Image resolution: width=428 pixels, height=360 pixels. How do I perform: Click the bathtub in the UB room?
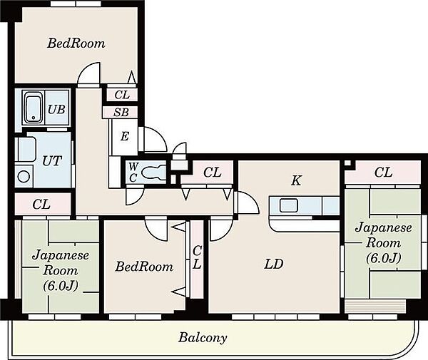coord(34,108)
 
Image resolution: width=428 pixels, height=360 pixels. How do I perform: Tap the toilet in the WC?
coord(153,173)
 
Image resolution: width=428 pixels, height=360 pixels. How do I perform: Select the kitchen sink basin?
coord(288,205)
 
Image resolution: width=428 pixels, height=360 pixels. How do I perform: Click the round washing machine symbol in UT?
coord(24,177)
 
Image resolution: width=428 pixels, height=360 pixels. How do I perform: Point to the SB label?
coord(121,112)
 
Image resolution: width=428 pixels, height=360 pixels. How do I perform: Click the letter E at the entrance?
coord(124,136)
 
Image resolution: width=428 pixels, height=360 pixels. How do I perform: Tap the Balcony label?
coord(203,338)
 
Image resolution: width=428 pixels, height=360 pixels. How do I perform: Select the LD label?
coord(274,264)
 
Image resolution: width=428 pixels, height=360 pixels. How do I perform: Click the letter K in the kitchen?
coord(296,180)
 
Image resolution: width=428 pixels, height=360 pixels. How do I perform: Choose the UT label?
coord(52,161)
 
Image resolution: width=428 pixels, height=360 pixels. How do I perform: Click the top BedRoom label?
coord(76,43)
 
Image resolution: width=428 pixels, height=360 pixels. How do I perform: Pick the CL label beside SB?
coord(122,95)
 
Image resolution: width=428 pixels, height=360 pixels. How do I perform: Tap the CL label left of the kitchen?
coord(212,173)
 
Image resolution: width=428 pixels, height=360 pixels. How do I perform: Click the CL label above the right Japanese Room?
coord(383,173)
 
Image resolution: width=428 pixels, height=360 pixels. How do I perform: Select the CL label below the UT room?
coord(41,205)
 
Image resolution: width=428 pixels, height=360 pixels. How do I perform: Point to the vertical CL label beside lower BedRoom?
coord(197,257)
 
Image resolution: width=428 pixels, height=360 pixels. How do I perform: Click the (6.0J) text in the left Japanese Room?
coord(61,286)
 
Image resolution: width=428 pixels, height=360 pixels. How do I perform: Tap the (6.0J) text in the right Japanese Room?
coord(383,258)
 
